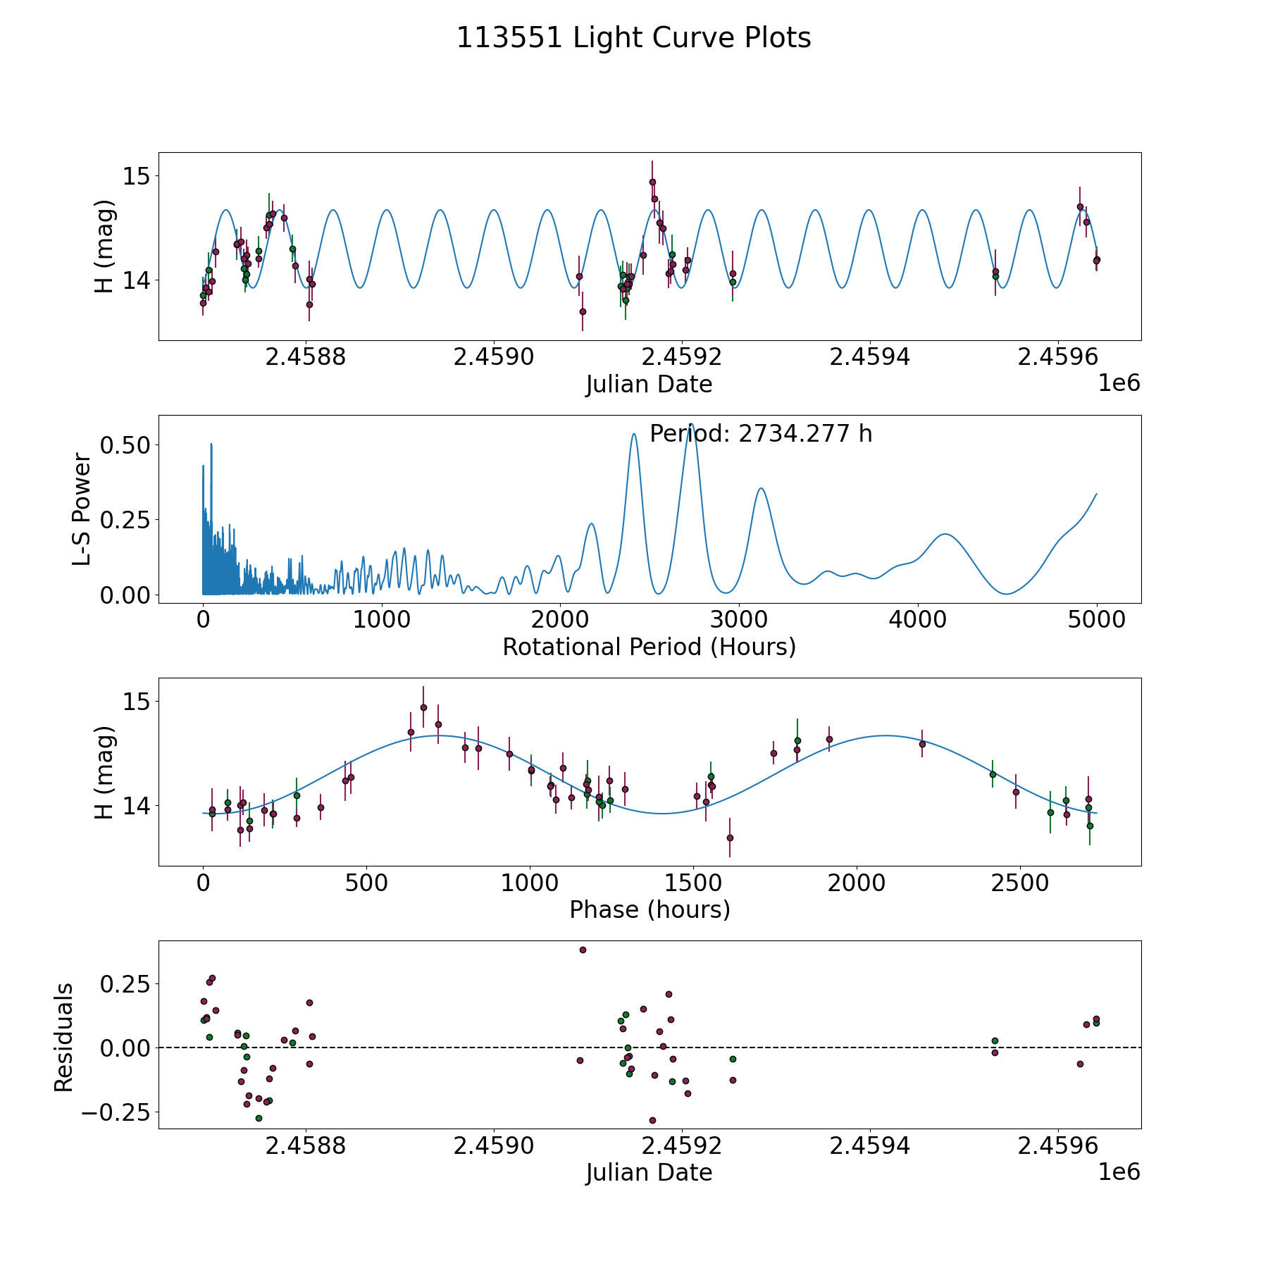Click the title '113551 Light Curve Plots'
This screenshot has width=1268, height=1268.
(x=633, y=38)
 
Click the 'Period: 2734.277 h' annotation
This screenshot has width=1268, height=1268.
(x=761, y=434)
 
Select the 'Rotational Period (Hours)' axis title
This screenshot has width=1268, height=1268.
(x=649, y=647)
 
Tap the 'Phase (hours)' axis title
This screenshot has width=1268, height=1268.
(x=649, y=909)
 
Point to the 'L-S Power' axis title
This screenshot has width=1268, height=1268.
(x=82, y=509)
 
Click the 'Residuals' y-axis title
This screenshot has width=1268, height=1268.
(x=63, y=1038)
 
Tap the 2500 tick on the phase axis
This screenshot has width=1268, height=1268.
(x=1020, y=883)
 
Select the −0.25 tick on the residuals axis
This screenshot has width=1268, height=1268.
(x=116, y=1113)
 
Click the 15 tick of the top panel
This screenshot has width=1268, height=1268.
(x=137, y=175)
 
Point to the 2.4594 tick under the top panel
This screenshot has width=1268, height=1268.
(x=869, y=357)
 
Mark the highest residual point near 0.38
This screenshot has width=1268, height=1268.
(x=583, y=950)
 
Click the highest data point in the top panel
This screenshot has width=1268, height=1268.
(x=652, y=182)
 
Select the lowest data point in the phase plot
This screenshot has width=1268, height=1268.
(x=730, y=838)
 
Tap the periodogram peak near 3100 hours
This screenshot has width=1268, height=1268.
(x=761, y=488)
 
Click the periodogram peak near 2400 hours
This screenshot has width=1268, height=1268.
(x=634, y=434)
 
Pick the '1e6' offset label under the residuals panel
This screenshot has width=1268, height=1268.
(x=1119, y=1171)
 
